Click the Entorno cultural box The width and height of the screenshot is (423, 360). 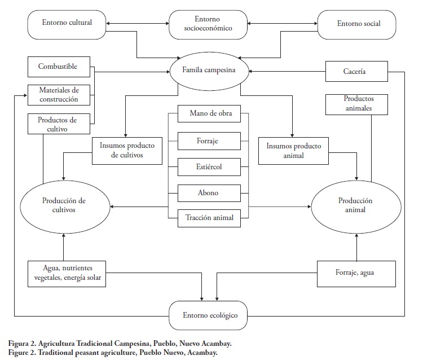(x=66, y=24)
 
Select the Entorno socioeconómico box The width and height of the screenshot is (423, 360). (x=208, y=24)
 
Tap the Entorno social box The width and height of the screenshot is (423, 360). (x=358, y=24)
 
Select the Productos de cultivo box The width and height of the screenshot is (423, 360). (x=57, y=124)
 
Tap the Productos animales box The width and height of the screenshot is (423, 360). (x=359, y=103)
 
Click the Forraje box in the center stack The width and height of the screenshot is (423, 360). (x=208, y=141)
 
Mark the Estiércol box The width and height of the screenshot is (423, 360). (x=208, y=167)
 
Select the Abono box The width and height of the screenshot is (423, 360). (x=208, y=193)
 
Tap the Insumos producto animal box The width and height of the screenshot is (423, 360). (x=293, y=151)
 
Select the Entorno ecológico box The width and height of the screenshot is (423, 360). (x=210, y=314)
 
